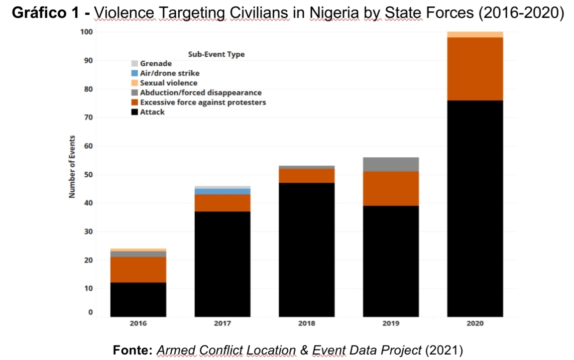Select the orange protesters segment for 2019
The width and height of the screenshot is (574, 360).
(391, 189)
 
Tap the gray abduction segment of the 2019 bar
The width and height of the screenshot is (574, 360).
(391, 164)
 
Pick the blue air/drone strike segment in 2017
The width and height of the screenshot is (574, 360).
(223, 191)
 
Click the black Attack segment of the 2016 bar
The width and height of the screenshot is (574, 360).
(138, 299)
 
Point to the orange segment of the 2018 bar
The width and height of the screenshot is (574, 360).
(307, 176)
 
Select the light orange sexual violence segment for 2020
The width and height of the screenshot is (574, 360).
(475, 34)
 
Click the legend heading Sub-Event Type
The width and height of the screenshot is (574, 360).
(216, 54)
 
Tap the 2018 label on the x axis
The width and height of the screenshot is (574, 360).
(307, 324)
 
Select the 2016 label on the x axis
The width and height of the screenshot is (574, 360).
(138, 324)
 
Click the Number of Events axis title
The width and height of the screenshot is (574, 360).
(72, 167)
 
